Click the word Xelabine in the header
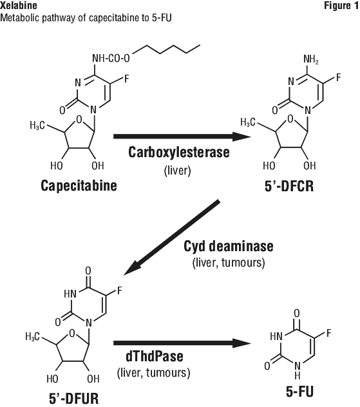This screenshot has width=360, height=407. [x=19, y=5]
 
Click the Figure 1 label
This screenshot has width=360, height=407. [x=341, y=5]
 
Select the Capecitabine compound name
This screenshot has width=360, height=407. [x=79, y=186]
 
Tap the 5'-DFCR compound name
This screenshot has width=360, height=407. [x=289, y=186]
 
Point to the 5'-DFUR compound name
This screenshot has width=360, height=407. [x=74, y=399]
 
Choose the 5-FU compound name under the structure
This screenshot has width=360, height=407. [x=299, y=392]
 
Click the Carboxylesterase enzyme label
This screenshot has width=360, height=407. [x=179, y=152]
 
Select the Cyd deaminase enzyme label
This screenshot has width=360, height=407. [x=229, y=247]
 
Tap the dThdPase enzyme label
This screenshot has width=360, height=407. [x=155, y=356]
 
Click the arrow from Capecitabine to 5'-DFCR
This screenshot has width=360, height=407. [x=182, y=137]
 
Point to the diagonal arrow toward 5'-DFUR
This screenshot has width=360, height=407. [x=172, y=238]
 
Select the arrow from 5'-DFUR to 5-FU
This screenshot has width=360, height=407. [x=182, y=343]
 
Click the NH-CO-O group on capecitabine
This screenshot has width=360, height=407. [x=111, y=59]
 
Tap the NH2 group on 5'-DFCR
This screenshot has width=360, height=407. [x=311, y=59]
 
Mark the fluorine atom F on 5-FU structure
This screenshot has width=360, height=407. [x=329, y=333]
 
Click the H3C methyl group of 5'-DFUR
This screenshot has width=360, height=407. [x=33, y=337]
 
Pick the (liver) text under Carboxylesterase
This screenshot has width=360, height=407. [x=178, y=171]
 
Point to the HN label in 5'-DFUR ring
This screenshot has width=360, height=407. [x=70, y=294]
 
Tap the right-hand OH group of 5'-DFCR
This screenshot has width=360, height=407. [x=310, y=166]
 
